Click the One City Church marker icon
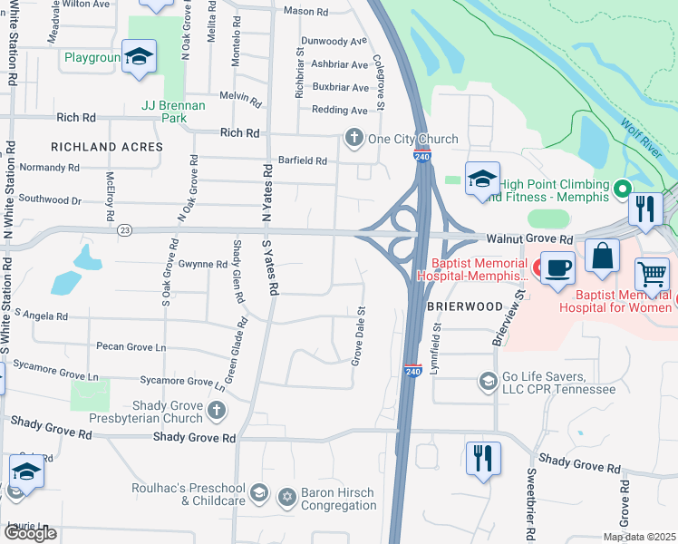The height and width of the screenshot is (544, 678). click(354, 139)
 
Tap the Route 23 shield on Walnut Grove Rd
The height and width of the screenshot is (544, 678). click(124, 231)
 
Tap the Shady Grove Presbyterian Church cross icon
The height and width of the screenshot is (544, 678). click(216, 411)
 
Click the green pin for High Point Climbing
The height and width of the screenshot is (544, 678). click(622, 189)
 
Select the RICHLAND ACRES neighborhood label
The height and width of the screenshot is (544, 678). click(107, 147)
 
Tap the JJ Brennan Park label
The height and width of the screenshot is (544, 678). click(174, 112)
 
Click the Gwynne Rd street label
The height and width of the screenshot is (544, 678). click(203, 264)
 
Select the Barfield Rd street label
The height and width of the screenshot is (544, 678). click(302, 160)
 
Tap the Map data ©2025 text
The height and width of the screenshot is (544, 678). click(639, 537)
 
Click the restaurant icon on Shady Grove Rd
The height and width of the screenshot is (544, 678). click(482, 458)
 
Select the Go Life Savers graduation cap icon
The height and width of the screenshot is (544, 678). click(488, 380)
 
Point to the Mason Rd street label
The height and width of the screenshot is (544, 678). click(305, 12)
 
